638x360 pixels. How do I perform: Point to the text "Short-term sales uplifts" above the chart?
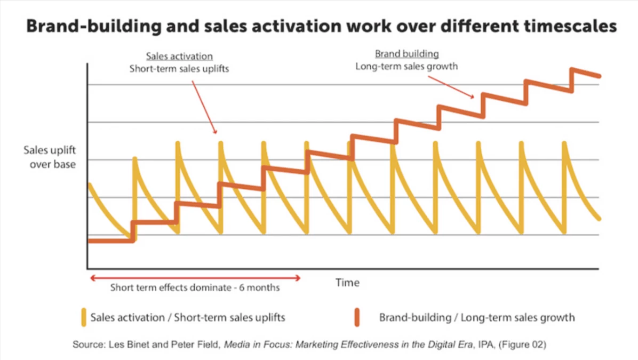point(179,69)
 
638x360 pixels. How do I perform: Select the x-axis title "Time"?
point(347,283)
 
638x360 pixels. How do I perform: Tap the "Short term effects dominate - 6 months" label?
point(195,288)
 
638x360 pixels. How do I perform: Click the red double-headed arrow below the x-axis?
point(195,278)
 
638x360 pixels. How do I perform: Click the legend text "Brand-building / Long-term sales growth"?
point(477,318)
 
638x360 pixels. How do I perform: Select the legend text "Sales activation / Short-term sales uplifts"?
point(188,318)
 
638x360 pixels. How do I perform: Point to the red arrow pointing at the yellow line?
point(202,104)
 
